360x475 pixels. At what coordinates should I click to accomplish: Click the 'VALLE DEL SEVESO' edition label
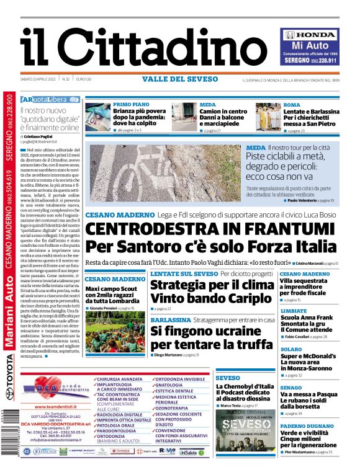(179, 79)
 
